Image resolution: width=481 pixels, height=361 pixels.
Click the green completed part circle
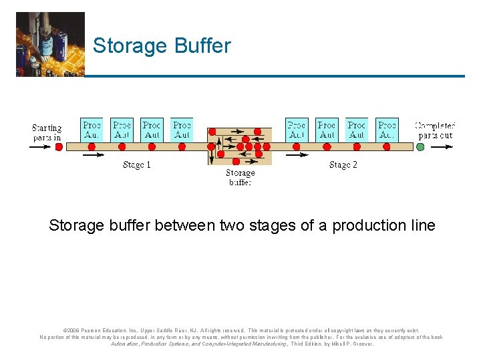420,146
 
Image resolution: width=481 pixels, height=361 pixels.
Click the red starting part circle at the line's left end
58,146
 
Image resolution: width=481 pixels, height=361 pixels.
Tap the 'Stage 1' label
137,165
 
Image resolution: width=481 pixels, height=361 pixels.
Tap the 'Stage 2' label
343,165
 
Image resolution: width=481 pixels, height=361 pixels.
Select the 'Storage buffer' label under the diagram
240,177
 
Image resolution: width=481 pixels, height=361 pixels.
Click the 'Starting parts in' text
47,132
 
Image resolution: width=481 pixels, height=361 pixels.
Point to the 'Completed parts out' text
435,130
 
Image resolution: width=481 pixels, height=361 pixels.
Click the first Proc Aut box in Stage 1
92,130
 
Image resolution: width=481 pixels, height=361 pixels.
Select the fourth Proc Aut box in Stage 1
182,130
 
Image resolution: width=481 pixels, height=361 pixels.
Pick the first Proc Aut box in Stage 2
296,130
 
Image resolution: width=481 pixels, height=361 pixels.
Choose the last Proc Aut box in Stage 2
387,130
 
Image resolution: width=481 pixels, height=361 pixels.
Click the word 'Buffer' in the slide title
202,46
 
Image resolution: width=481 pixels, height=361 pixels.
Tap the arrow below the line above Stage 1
94,155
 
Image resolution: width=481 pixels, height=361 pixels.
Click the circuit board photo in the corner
50,44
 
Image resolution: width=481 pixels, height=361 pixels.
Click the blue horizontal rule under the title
275,76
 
